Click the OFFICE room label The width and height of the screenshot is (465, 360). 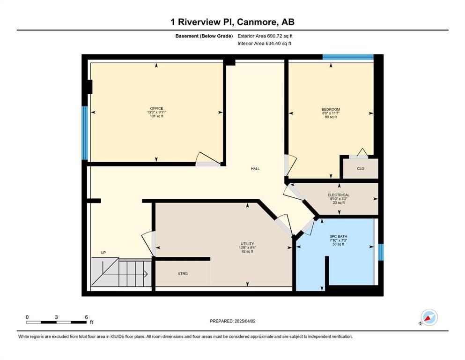[156, 108]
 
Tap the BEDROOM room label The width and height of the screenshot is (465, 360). [331, 109]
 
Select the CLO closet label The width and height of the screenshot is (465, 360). [361, 169]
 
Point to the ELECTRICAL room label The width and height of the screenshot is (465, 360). [339, 195]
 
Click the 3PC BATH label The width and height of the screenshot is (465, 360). [339, 237]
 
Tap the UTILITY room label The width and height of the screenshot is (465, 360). [247, 244]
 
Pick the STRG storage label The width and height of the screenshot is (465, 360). [183, 274]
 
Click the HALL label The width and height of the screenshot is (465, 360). [255, 169]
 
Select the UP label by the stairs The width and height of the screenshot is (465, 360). [103, 253]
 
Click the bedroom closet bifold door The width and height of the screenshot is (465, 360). [362, 152]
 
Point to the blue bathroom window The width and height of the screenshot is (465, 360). [381, 252]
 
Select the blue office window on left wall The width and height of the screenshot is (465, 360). [84, 133]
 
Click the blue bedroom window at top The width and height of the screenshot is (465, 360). [348, 57]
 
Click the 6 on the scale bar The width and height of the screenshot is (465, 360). [86, 317]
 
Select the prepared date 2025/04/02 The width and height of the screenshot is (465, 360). [245, 321]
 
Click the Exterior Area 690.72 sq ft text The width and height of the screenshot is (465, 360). [265, 36]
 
